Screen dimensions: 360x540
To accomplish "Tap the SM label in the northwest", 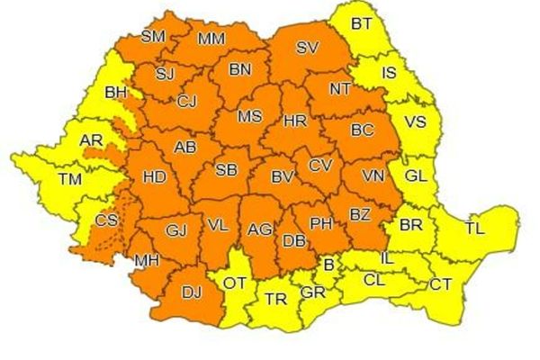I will pos(154,37).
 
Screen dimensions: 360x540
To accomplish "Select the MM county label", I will pos(211,38).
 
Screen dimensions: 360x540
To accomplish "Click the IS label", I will pos(389,72).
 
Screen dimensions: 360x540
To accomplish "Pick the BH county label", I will pos(116,91).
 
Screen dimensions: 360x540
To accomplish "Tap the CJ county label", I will pos(187,100).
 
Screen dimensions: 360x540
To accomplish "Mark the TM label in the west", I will pos(69,179).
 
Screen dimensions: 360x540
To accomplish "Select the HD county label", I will pos(154,176).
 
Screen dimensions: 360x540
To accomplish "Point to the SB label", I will pos(226,169).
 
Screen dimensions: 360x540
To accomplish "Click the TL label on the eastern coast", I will pos(474,229).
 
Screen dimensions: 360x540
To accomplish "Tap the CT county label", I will pos(441,284).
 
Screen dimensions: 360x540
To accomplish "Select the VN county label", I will pos(373,175).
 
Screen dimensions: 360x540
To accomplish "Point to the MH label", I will pos(147,262).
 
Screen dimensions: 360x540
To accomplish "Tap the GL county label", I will pos(416,175).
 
